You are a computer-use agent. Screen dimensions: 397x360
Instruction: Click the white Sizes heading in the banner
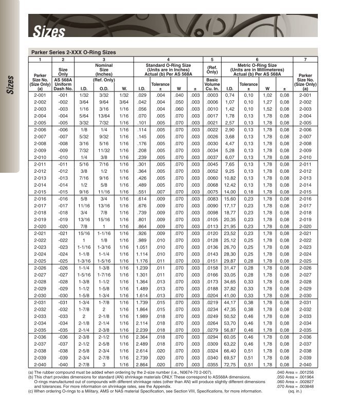pos(49,32)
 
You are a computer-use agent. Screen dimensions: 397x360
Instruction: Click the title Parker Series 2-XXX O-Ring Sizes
pos(74,52)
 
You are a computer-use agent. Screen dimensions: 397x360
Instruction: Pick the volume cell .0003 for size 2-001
pos(212,96)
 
